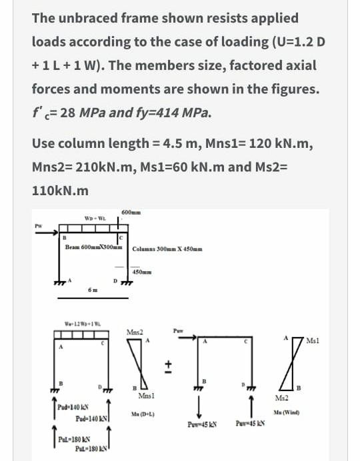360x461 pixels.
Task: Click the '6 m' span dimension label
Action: [93, 288]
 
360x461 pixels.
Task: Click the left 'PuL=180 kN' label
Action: [69, 440]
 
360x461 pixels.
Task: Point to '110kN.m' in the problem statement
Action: [60, 191]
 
